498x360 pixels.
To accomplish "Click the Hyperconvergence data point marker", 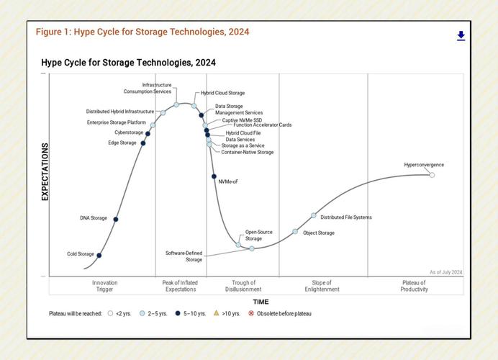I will click(x=432, y=175).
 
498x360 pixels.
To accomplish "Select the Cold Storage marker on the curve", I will click(x=99, y=255).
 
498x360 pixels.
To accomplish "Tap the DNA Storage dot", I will click(x=116, y=219).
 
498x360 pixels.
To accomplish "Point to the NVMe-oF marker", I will click(x=214, y=176).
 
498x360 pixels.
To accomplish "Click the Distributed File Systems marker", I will click(x=314, y=215).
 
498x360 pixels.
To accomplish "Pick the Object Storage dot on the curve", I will click(x=295, y=231).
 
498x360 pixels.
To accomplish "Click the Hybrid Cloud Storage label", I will click(x=222, y=93).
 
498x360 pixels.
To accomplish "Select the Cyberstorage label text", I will click(x=129, y=132).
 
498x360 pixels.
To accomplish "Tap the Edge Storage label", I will click(x=122, y=143).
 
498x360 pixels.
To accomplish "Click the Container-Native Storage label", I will click(x=247, y=153).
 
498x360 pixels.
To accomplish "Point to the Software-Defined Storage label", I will click(x=184, y=256).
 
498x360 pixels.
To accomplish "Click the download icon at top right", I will click(x=461, y=36).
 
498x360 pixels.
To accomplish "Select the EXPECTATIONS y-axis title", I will click(x=45, y=171).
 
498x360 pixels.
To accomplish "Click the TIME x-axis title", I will click(x=261, y=302).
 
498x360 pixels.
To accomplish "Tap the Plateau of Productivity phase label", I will click(x=415, y=286).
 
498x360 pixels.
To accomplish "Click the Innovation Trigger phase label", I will click(x=105, y=286).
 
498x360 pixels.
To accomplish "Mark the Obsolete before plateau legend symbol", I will click(x=251, y=314).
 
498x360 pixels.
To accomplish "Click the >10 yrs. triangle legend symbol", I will click(x=217, y=314).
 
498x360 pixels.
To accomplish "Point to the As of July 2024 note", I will click(x=446, y=272).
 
